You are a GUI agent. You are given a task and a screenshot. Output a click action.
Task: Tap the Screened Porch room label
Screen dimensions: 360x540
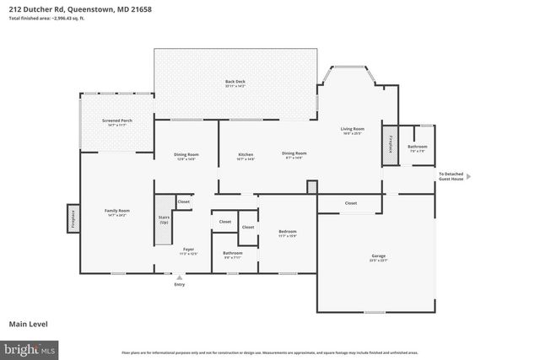[116, 122]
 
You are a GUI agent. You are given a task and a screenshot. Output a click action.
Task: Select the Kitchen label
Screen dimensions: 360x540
[246, 155]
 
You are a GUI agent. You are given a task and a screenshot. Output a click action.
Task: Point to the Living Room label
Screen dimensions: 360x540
[351, 130]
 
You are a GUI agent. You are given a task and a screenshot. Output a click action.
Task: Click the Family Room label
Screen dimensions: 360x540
[116, 212]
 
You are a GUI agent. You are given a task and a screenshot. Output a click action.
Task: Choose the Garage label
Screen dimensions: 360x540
[378, 257]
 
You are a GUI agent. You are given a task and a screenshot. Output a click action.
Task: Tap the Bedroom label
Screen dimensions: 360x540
[288, 233]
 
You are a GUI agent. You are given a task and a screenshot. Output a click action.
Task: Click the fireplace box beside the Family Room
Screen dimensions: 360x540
[73, 218]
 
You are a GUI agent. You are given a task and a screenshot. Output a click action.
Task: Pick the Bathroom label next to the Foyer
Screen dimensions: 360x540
[233, 254]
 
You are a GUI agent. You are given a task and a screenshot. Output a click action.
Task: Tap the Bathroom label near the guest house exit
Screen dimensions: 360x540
[417, 148]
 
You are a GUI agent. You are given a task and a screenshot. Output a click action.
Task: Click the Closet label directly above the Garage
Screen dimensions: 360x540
[350, 203]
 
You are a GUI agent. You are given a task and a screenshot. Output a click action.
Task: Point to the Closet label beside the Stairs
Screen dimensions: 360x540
[183, 202]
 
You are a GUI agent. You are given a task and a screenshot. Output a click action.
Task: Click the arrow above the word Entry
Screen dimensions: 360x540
[179, 277]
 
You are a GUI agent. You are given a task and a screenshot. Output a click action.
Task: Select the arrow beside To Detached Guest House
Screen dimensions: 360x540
[468, 176]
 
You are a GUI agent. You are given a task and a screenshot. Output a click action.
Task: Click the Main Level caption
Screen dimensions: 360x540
[29, 323]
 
